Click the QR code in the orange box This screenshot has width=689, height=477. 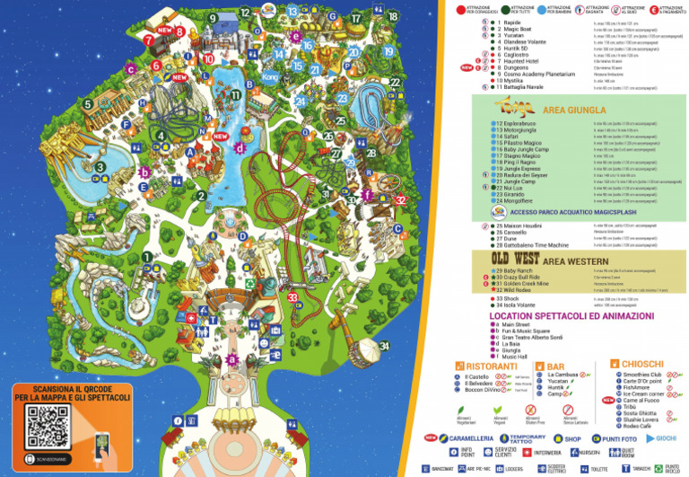(x=48, y=427)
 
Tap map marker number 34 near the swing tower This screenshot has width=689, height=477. (x=384, y=346)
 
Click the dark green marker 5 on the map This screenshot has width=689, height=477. (x=89, y=104)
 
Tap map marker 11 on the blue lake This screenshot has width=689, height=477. (x=235, y=94)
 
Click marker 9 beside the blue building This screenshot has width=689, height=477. (x=213, y=17)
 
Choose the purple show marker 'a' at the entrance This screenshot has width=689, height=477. (x=232, y=358)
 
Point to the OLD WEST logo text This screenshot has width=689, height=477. (x=519, y=257)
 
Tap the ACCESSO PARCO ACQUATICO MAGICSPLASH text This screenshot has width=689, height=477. (x=574, y=212)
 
